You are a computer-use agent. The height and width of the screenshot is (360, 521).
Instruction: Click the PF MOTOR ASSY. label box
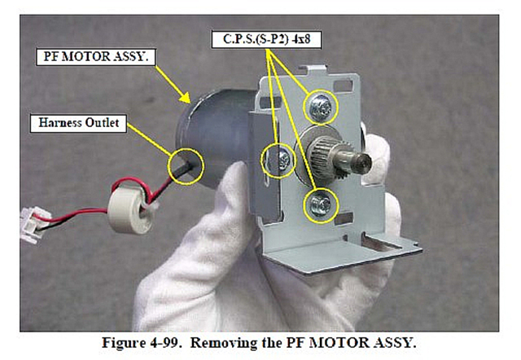click(x=96, y=57)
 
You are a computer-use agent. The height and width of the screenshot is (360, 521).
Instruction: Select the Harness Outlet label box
click(x=78, y=123)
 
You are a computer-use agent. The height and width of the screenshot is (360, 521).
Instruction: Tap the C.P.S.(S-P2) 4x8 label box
click(x=266, y=40)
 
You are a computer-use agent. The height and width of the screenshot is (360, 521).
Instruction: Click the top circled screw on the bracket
click(x=320, y=108)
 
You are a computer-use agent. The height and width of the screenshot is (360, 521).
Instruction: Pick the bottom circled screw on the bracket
click(x=320, y=204)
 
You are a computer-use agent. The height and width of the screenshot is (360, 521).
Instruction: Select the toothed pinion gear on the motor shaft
click(x=330, y=159)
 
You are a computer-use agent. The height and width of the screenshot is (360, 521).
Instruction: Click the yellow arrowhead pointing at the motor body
click(x=185, y=98)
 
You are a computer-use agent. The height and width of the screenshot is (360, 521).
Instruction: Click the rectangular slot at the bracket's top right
click(x=343, y=86)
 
